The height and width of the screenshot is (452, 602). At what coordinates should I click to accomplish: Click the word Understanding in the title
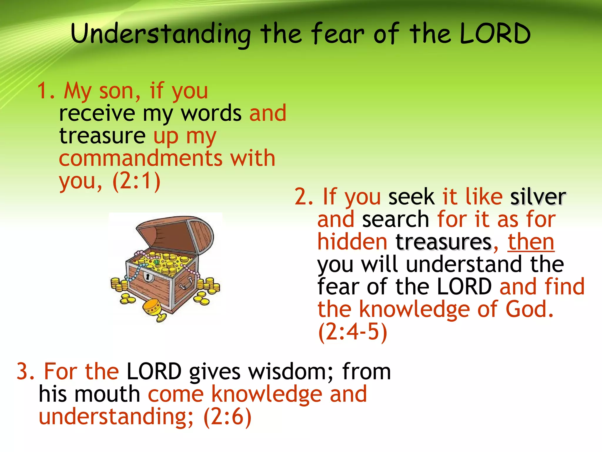pos(160,34)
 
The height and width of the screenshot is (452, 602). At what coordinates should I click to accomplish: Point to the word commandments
pos(141,158)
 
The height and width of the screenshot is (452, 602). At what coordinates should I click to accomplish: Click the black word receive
pos(97,113)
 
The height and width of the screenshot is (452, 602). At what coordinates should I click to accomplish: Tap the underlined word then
pos(531,242)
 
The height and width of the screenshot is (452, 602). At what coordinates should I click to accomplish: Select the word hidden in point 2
pos(352,242)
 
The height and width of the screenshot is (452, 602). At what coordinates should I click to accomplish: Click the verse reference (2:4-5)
pos(352,332)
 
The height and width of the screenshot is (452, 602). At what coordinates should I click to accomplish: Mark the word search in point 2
pos(395,220)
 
